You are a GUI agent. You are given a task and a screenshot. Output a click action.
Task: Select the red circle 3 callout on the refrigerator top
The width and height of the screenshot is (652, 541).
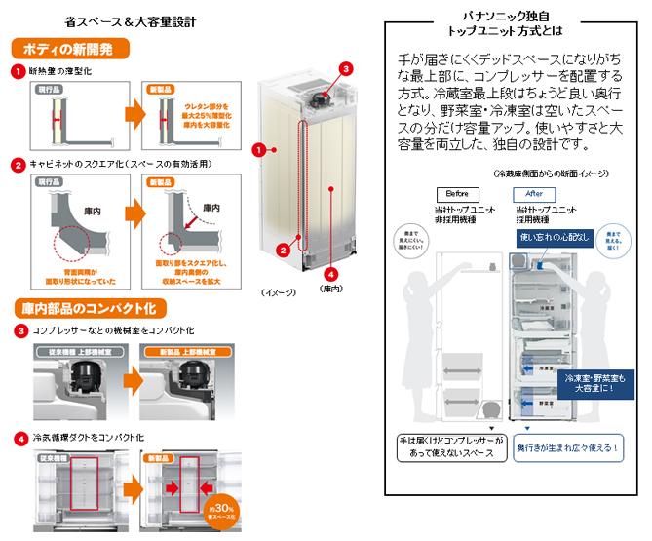(x=345, y=68)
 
